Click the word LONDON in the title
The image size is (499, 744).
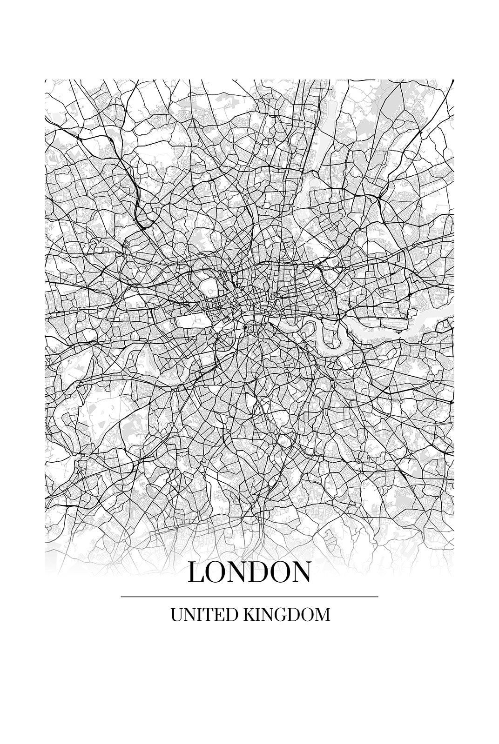(249, 572)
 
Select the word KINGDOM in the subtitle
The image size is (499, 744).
(286, 615)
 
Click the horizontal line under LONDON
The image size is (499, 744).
(249, 597)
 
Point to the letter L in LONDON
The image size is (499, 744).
(196, 573)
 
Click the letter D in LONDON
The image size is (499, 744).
(258, 573)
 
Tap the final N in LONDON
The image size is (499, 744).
(300, 573)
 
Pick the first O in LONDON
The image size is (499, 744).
(216, 573)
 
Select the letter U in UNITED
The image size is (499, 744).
(177, 615)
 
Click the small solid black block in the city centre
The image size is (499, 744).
(245, 328)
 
